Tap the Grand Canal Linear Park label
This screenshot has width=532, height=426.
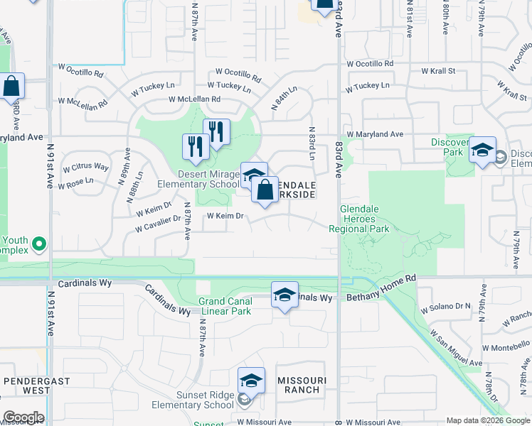225,306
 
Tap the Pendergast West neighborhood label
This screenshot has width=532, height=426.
27,386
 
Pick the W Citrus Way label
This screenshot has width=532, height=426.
86,167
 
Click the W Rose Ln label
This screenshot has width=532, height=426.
79,181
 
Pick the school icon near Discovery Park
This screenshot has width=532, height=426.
482,151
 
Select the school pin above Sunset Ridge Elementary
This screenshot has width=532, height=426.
251,382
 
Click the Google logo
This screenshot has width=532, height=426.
23,417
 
